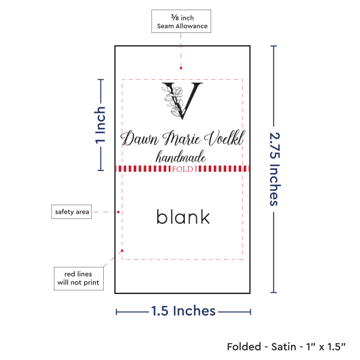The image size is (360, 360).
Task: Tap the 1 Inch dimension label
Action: [x=101, y=125]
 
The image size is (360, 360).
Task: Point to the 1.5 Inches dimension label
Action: [x=182, y=311]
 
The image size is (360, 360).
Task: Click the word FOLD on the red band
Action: [x=182, y=169]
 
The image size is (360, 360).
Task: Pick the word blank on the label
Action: [x=183, y=216]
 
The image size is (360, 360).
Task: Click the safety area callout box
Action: [x=72, y=212]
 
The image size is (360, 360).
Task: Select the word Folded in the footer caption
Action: [x=244, y=347]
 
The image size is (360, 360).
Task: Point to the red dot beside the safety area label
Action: [x=119, y=211]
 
